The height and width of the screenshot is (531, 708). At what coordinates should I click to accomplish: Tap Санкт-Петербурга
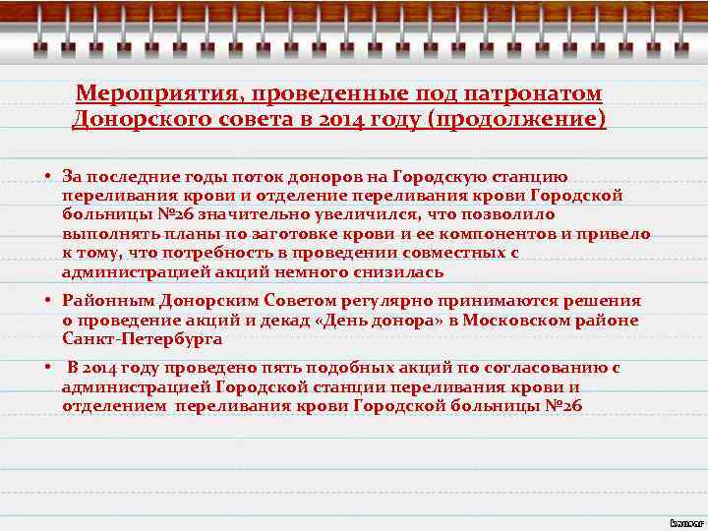pos(142,338)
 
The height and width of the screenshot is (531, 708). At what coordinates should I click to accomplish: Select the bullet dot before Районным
pos(47,301)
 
